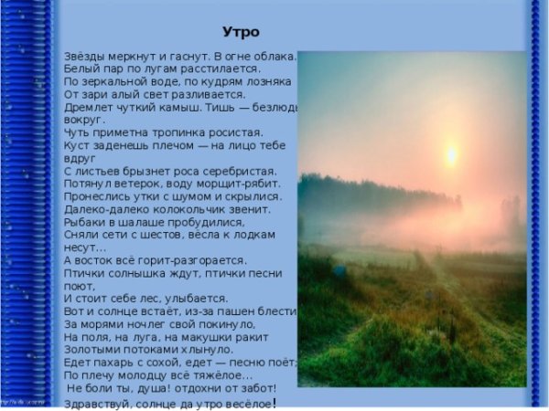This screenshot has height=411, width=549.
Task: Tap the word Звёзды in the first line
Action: coord(84,56)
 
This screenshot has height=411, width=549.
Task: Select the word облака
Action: coord(274,56)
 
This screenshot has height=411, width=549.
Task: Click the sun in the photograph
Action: coord(450,153)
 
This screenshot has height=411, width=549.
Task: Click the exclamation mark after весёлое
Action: coord(274,402)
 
